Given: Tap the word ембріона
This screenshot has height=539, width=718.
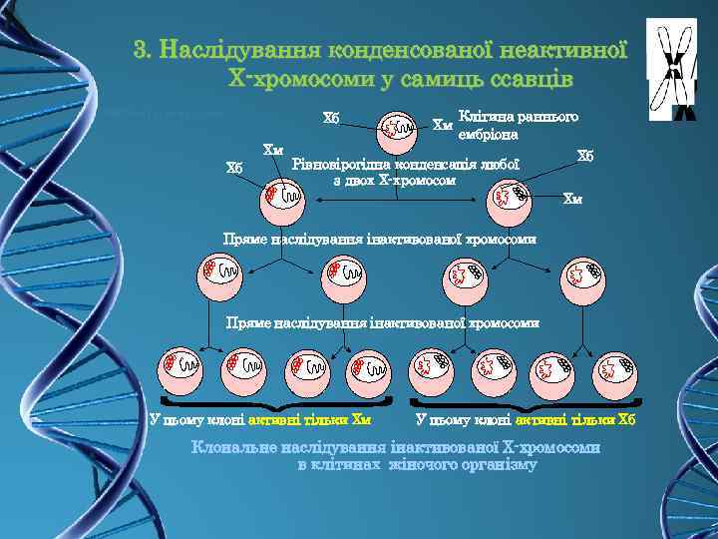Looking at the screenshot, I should pos(486,134).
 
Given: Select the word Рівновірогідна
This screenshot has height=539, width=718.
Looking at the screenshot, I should pos(336,164).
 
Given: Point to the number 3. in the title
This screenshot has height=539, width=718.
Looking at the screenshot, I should pos(145,49).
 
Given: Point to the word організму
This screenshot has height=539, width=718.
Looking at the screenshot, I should pos(495,464).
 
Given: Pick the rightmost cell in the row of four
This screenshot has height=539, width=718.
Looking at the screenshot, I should pos(583,272).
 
